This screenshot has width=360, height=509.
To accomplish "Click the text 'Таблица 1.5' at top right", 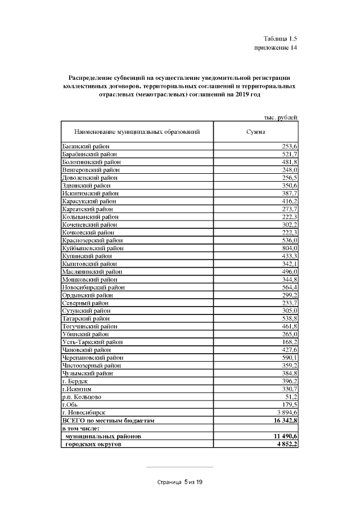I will [x=280, y=39].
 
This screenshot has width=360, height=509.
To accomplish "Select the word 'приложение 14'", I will [x=276, y=48].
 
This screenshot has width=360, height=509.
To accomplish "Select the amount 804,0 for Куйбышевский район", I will [x=289, y=247].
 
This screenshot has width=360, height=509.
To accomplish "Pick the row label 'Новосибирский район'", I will [x=92, y=287].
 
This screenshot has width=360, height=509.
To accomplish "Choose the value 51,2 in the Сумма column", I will [x=291, y=397].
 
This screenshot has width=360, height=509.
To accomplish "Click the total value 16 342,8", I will [x=282, y=420].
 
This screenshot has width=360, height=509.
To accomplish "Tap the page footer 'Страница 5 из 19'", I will [x=179, y=482].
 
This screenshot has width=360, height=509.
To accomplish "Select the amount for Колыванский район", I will [x=289, y=217].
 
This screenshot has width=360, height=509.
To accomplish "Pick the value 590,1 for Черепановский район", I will [x=289, y=358].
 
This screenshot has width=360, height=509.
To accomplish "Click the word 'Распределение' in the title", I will [x=91, y=77].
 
